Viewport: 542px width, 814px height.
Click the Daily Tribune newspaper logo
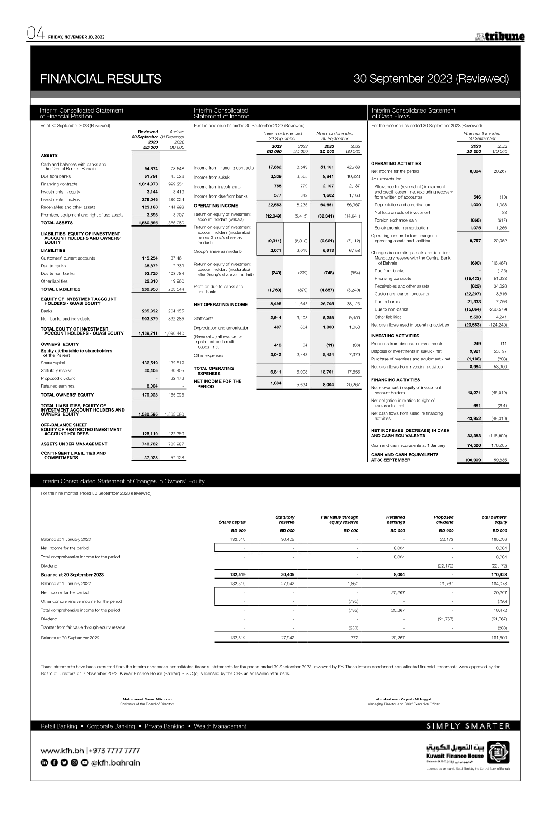(x=500, y=37)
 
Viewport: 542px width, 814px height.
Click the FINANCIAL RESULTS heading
(x=100, y=79)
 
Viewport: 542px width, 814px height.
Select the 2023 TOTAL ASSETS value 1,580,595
(x=148, y=223)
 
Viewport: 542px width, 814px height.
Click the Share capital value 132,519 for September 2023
(x=148, y=363)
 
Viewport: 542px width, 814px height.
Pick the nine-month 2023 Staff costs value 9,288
(x=326, y=318)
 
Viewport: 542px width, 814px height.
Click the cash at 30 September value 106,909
(x=470, y=460)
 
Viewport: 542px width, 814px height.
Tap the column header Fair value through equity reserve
(x=339, y=520)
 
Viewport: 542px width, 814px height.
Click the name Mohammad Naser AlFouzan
(x=147, y=699)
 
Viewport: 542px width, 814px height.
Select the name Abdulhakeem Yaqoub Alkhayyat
(x=403, y=699)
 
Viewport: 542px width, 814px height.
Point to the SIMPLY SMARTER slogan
(x=468, y=726)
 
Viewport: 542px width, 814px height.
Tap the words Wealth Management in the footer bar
(x=220, y=726)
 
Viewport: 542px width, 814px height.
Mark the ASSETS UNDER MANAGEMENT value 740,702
(x=148, y=444)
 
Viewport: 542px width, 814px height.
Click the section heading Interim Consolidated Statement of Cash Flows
(x=413, y=113)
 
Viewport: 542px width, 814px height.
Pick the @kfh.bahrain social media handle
(x=115, y=763)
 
